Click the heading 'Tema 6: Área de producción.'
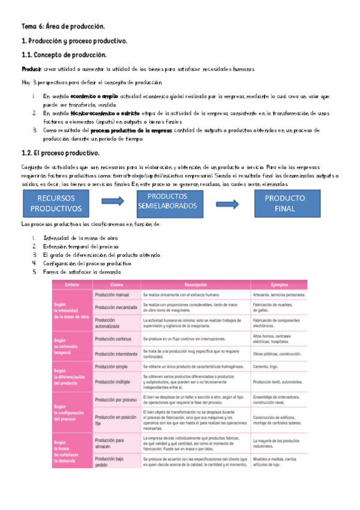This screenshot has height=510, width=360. (63, 27)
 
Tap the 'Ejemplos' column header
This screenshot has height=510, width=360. (279, 284)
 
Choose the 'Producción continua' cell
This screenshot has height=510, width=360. (114, 339)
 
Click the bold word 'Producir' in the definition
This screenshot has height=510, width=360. (31, 69)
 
